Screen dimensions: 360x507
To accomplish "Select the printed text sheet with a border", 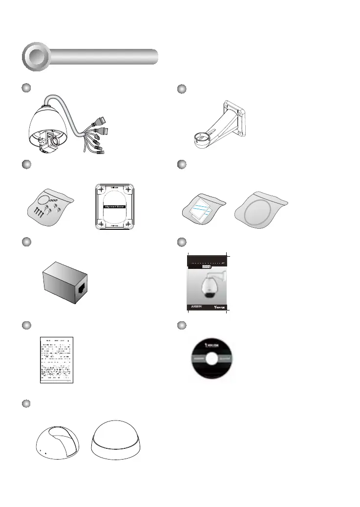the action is (56, 359).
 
